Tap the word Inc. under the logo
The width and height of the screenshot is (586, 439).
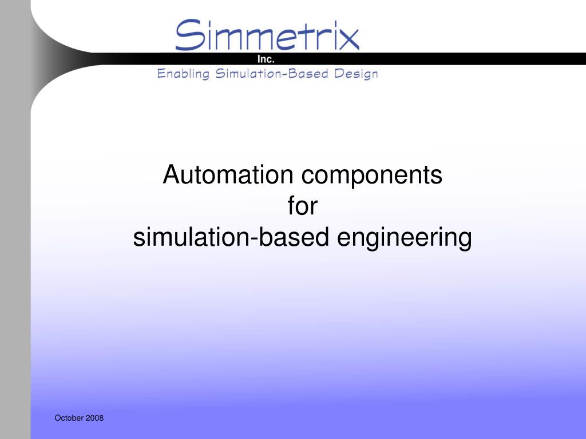(x=266, y=59)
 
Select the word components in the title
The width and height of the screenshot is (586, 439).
(x=372, y=176)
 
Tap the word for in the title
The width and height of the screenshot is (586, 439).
(x=302, y=206)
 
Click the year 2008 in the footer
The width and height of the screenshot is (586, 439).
(x=95, y=418)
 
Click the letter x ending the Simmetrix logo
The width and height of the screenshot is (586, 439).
(x=348, y=38)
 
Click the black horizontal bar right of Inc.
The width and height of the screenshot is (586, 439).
(x=429, y=59)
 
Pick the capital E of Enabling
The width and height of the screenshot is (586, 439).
(x=161, y=74)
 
